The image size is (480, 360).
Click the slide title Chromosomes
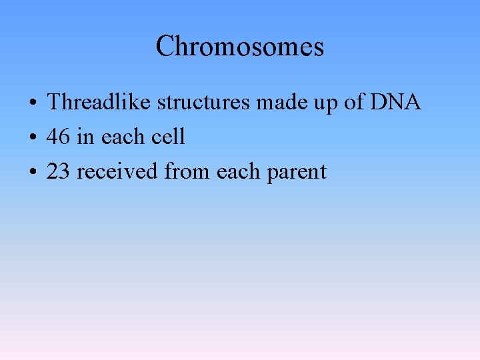pyautogui.click(x=240, y=47)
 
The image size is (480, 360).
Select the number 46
pyautogui.click(x=59, y=137)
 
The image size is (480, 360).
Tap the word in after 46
pyautogui.click(x=85, y=137)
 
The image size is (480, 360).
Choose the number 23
pyautogui.click(x=59, y=171)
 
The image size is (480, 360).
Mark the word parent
pyautogui.click(x=297, y=173)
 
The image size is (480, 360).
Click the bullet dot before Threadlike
pyautogui.click(x=32, y=103)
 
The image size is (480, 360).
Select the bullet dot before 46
pyautogui.click(x=32, y=138)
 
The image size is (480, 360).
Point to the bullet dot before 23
pyautogui.click(x=32, y=173)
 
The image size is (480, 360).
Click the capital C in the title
pyautogui.click(x=165, y=47)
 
